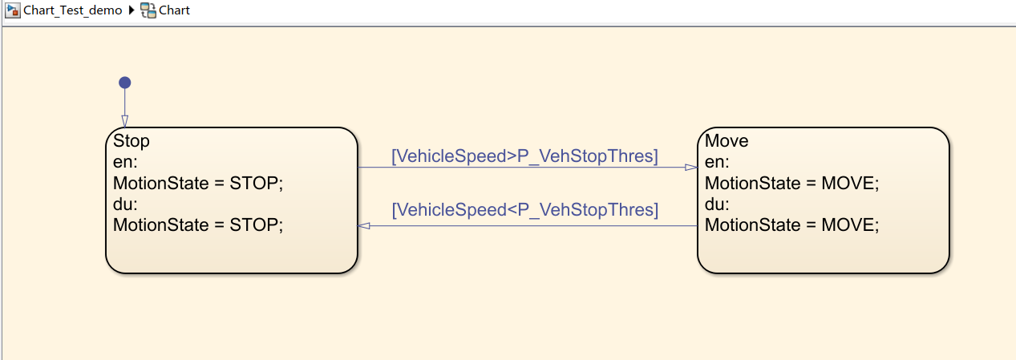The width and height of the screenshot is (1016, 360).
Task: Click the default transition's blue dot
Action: pos(125,83)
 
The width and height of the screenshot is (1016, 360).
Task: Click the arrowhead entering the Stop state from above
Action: pos(125,122)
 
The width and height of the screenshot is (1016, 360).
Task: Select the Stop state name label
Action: pos(131,141)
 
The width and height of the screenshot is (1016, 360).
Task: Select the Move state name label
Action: pos(727,141)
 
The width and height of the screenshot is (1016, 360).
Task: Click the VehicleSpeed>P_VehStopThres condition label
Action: pos(524,156)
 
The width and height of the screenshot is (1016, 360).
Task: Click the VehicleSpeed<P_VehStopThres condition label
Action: pos(524,210)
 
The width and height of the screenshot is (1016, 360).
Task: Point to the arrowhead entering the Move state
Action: pos(691,168)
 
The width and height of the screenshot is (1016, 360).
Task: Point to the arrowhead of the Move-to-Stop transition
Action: pos(364,226)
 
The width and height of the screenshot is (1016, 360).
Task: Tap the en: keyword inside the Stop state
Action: pos(125,162)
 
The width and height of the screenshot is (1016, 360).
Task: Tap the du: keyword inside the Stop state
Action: pos(125,204)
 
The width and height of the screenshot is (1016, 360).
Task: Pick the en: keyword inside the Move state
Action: pos(717,162)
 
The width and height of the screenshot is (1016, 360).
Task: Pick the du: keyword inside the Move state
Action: pos(717,204)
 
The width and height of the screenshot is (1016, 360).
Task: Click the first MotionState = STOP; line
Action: pos(198,183)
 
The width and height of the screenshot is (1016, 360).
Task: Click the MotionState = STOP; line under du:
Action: pos(198,224)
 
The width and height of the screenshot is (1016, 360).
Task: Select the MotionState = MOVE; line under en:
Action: pos(792,183)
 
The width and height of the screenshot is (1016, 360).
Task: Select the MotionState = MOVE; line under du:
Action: pos(792,224)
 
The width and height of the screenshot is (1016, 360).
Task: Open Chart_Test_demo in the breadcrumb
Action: pos(72,10)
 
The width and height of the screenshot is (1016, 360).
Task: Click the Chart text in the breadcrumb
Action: pos(174,10)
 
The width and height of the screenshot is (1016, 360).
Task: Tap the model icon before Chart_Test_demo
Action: pos(13,10)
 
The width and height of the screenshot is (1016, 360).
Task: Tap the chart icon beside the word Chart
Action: pos(148,10)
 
